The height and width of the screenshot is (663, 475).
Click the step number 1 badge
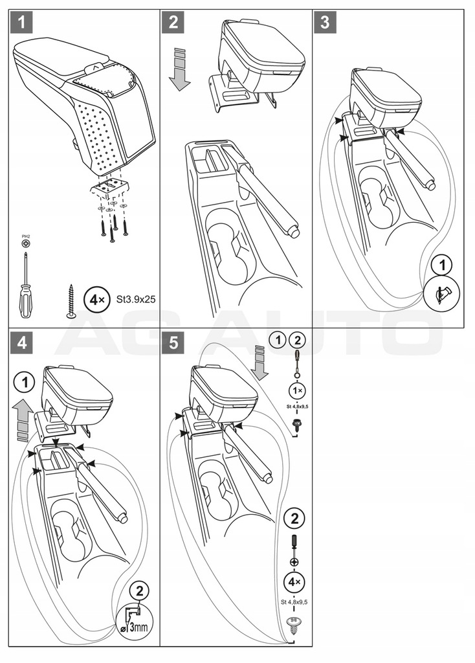tap(22, 23)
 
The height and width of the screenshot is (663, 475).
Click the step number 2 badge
tap(173, 23)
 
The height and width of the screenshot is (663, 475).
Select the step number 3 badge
tap(324, 23)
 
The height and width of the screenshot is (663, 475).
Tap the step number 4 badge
tap(22, 343)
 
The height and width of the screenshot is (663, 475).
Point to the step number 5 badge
tap(173, 343)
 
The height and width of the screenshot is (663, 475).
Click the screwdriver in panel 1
tap(25, 286)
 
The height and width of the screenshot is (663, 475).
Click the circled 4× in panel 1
tap(95, 300)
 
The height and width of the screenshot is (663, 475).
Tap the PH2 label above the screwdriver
tap(25, 237)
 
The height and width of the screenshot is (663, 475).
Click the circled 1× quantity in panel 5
tap(296, 392)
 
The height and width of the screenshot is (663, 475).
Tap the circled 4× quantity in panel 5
tap(294, 582)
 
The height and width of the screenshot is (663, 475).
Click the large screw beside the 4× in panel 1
tap(71, 301)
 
